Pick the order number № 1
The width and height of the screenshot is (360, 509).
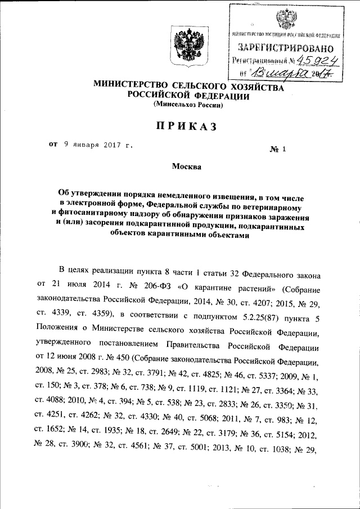(x=279, y=149)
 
